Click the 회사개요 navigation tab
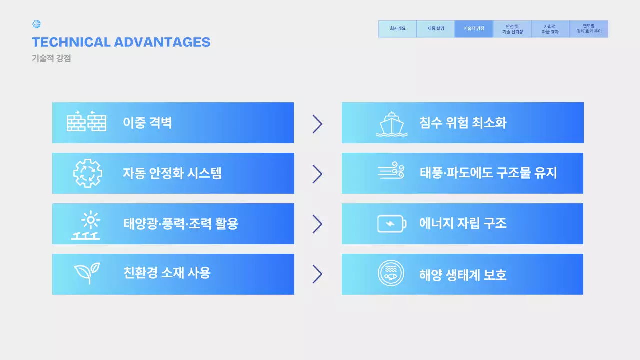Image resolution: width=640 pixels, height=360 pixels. (397, 29)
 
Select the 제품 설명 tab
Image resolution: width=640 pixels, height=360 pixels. (436, 29)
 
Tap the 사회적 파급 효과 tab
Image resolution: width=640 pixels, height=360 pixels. (550, 29)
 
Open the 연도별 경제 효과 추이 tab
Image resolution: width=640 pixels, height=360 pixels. (589, 29)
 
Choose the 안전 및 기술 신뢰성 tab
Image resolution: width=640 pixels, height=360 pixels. (512, 29)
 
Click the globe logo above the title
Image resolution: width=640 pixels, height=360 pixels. (36, 24)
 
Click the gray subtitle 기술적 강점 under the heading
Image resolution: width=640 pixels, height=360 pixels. (51, 58)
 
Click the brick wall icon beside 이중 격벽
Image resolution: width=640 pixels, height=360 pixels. (86, 121)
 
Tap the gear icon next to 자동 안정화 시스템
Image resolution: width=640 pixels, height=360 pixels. (88, 173)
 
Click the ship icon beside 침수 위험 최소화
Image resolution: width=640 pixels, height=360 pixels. (391, 123)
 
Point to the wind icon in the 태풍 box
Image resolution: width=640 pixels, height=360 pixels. (391, 171)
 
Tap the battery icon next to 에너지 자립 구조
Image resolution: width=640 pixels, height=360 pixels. (391, 224)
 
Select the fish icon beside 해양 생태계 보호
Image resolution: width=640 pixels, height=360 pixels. (391, 274)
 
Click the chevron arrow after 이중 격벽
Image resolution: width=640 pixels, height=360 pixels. (317, 124)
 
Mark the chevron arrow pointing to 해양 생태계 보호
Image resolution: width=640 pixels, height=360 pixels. (317, 274)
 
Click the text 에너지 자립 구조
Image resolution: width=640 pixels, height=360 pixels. (463, 223)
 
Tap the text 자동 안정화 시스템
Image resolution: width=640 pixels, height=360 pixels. (172, 173)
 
